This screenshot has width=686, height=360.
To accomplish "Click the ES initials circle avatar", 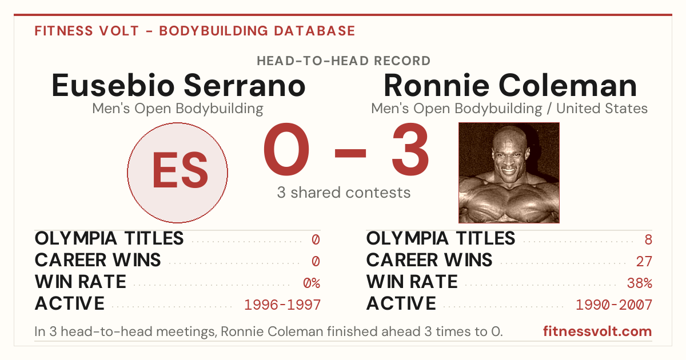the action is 177,173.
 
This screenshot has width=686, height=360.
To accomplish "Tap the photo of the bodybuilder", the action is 509,173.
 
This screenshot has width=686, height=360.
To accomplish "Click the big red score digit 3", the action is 410,149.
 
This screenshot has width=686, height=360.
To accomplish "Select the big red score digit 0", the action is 286,149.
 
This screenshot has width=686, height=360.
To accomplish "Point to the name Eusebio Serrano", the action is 178,85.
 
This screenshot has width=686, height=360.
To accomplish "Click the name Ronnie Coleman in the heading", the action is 510,85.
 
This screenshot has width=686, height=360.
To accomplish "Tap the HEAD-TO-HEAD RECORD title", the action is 344,61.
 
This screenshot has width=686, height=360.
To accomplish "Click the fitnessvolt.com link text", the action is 597,331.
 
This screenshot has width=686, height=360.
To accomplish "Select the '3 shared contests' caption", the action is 344,193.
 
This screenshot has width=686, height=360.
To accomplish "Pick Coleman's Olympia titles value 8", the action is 648,239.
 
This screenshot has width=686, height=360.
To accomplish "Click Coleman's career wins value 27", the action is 644,262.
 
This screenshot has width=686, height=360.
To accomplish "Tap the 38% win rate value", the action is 640,283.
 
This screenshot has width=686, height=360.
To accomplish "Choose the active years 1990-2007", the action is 614,305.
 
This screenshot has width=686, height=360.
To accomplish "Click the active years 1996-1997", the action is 282,305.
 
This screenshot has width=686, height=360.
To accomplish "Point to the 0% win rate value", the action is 312,283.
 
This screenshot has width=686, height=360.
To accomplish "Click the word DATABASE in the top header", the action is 314,31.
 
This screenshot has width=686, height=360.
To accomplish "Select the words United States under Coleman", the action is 602,109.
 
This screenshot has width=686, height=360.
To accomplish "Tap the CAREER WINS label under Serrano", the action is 98,260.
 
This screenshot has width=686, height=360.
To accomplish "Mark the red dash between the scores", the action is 350,153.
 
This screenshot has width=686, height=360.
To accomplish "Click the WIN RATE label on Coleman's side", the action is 412,282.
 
